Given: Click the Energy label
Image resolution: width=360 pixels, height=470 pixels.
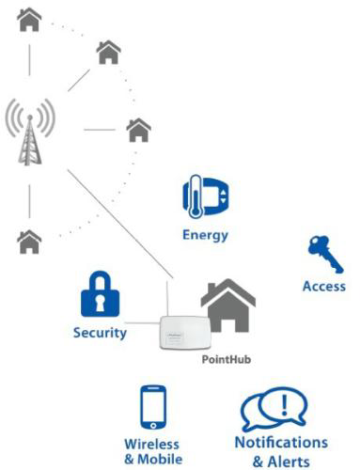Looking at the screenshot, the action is coord(206,234).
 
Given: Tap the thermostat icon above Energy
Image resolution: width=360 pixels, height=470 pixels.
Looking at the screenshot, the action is coord(205,196).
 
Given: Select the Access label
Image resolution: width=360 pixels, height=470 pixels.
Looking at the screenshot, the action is coord(323,286).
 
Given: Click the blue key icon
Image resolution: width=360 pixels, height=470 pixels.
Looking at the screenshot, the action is coord(322,253).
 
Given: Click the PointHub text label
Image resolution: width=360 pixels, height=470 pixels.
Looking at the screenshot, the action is coord(228,359).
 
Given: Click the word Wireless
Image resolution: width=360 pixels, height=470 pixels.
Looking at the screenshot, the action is coord(152,444).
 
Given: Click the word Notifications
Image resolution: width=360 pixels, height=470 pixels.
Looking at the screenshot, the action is coord(281,442).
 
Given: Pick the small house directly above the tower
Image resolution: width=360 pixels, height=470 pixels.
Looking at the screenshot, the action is coord(29,18).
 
